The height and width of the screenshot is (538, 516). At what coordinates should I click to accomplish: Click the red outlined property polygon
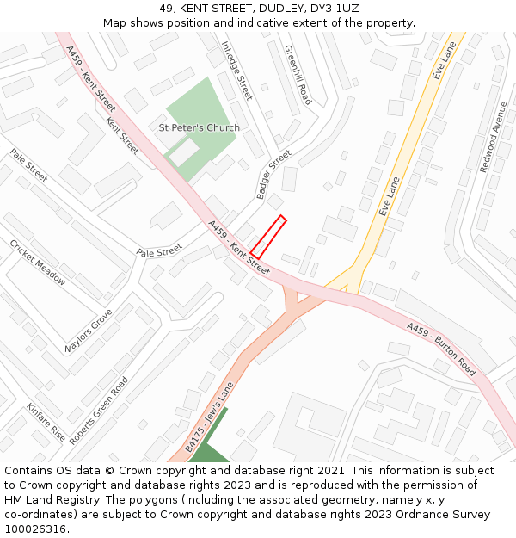pyautogui.click(x=267, y=237)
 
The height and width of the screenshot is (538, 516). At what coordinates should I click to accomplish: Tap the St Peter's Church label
pyautogui.click(x=200, y=128)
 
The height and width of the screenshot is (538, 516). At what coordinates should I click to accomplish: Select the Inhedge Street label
pyautogui.click(x=236, y=71)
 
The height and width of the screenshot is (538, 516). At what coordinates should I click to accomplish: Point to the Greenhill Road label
pyautogui.click(x=298, y=75)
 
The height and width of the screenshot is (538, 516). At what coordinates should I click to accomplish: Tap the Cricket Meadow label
pyautogui.click(x=37, y=263)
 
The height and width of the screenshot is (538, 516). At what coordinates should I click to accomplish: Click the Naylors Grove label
pyautogui.click(x=89, y=331)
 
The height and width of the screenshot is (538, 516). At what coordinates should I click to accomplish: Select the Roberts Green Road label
pyautogui.click(x=99, y=410)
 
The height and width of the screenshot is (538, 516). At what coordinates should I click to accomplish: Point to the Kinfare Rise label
pyautogui.click(x=46, y=422)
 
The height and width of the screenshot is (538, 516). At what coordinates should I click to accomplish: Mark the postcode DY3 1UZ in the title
pyautogui.click(x=335, y=9)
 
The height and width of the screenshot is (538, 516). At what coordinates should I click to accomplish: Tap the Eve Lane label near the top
pyautogui.click(x=444, y=62)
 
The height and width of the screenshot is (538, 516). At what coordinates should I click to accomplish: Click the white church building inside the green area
pyautogui.click(x=183, y=152)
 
